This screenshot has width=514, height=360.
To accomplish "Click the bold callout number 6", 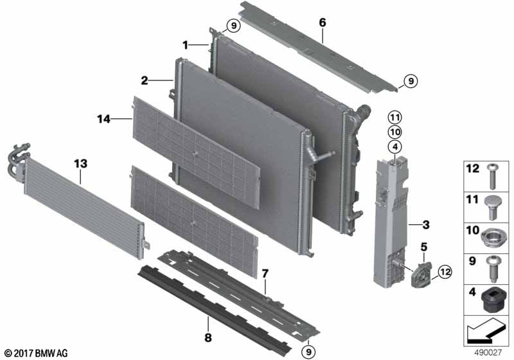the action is click(x=323, y=22).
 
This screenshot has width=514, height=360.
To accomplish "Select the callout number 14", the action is click(x=104, y=119).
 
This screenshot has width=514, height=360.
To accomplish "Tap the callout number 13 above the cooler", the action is click(x=81, y=163).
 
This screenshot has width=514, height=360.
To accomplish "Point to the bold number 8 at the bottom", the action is click(x=208, y=337).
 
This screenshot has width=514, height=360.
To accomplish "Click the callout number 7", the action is click(x=265, y=273).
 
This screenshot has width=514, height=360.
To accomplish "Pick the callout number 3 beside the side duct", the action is click(x=426, y=225).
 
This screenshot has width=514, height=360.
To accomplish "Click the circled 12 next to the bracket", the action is click(x=445, y=272).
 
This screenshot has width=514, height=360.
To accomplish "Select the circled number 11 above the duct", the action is click(x=394, y=118).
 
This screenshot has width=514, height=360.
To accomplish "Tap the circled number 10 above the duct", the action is click(x=394, y=132).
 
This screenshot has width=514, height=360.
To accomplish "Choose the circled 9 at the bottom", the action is click(x=308, y=352).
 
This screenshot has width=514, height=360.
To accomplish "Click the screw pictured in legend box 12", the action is click(x=492, y=176).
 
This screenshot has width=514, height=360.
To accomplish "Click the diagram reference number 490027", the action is click(x=488, y=353).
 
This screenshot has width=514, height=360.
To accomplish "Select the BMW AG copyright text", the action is click(x=36, y=353).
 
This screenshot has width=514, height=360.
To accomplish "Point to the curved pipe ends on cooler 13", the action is click(x=18, y=158).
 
